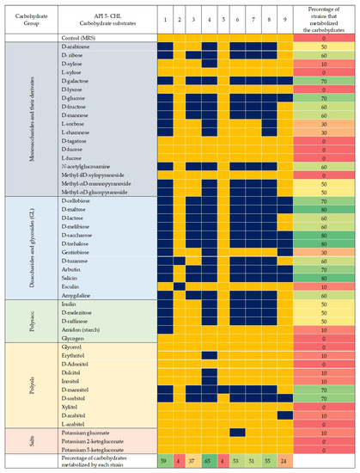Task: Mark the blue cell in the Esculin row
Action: click(180, 286)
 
